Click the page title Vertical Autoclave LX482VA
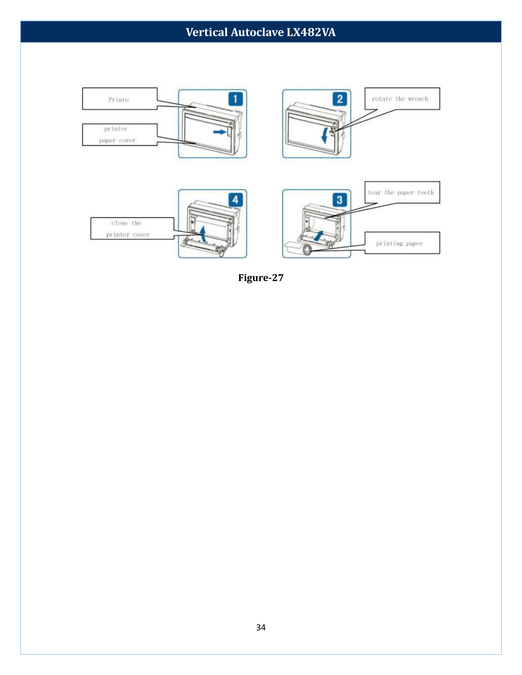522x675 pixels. [x=261, y=32]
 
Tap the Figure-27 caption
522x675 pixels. [x=261, y=278]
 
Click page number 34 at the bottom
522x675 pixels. [x=261, y=627]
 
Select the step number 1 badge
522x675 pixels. [x=235, y=99]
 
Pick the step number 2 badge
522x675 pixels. [x=340, y=99]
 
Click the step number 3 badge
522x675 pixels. [x=340, y=200]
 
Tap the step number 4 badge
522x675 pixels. [x=235, y=200]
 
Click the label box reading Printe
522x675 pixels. [x=120, y=98]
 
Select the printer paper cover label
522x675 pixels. [x=120, y=135]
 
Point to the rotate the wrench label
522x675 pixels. [x=402, y=98]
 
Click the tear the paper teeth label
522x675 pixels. [x=402, y=192]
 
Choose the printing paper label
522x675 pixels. [x=402, y=243]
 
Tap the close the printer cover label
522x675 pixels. [x=132, y=228]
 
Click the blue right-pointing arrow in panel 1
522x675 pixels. [x=220, y=132]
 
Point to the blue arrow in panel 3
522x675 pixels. [x=318, y=236]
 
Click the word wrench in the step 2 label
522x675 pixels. [x=418, y=99]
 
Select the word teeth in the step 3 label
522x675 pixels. [x=426, y=193]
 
